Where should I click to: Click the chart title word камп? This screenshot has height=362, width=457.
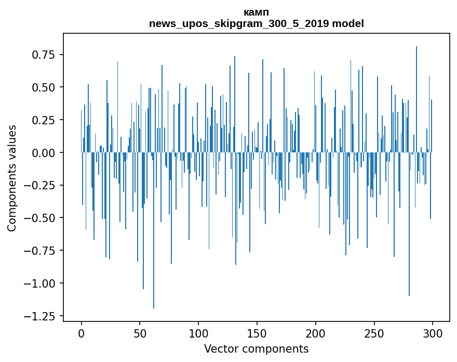[x=256, y=12]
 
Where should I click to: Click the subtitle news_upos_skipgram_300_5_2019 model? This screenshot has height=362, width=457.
[x=256, y=23]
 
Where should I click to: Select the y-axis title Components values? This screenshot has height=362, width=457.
[x=12, y=178]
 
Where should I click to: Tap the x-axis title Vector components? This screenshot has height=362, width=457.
[x=256, y=349]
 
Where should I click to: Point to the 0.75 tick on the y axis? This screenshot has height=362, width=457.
[x=44, y=55]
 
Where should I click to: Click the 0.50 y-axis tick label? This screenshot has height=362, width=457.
[x=44, y=87]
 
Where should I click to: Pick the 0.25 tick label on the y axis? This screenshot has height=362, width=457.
[x=44, y=120]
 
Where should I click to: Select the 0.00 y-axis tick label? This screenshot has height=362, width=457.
[x=44, y=153]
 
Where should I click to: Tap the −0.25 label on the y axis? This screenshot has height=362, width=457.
[x=41, y=185]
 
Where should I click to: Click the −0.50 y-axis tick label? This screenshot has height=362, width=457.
[x=41, y=218]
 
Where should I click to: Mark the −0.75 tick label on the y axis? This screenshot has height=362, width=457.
[x=41, y=251]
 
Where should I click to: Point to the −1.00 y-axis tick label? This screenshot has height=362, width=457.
[x=41, y=283]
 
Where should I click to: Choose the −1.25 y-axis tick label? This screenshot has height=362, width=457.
[x=41, y=316]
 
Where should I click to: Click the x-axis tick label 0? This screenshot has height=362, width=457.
[x=82, y=333]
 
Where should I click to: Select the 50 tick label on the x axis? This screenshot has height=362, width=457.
[x=140, y=333]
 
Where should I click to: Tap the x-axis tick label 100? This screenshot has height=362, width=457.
[x=198, y=333]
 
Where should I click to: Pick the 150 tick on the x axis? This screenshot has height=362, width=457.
[x=257, y=333]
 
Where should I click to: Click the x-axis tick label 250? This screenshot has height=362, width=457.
[x=374, y=333]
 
